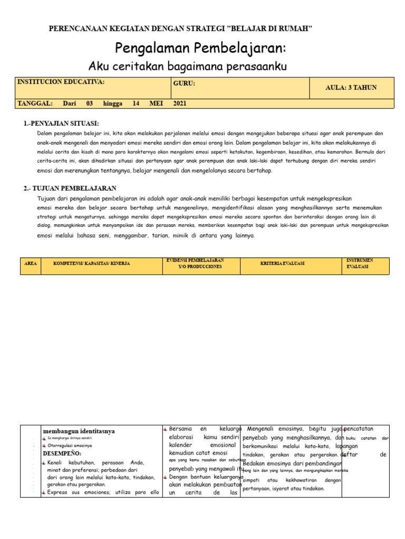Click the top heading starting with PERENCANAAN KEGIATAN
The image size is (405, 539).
[180, 28]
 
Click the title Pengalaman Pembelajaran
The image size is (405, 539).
[200, 48]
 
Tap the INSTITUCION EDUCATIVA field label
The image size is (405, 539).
[61, 83]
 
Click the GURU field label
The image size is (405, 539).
[184, 83]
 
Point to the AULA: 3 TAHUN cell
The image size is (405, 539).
[351, 88]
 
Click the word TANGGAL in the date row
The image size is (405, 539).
[35, 104]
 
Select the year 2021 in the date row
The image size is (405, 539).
[180, 104]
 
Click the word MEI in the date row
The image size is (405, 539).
[156, 104]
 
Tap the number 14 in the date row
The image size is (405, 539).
[136, 104]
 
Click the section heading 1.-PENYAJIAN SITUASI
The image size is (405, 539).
[61, 123]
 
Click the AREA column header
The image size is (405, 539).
[31, 263]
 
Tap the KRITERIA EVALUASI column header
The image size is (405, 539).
[282, 263]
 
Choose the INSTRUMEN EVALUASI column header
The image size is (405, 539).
[360, 263]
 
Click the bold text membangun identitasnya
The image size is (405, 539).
[79, 431]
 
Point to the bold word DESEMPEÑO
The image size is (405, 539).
[62, 453]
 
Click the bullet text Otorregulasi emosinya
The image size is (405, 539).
[69, 445]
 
